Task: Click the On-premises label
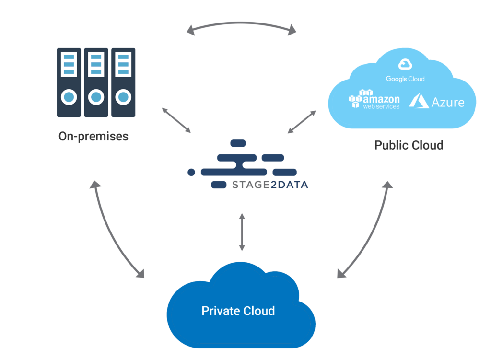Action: coord(94,136)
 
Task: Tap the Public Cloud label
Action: coord(409,145)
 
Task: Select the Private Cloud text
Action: coord(238,311)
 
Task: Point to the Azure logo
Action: coord(437,101)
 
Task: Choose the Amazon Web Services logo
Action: coord(374,100)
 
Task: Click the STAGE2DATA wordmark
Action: coord(269,185)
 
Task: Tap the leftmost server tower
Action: coord(69,82)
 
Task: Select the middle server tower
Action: coord(96,82)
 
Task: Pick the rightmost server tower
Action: coord(123,82)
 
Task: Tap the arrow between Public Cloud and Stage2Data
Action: coord(302,122)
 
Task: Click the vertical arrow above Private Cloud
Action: coord(242,232)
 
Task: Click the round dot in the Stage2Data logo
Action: coord(191,172)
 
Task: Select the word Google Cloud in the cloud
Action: coord(405,79)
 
